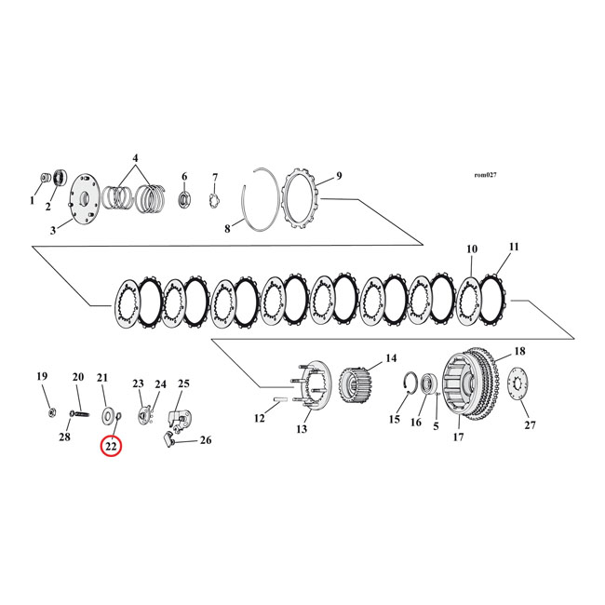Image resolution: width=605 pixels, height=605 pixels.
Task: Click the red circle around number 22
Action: pos(111,447)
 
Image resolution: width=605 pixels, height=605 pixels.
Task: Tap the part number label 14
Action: pos(390,358)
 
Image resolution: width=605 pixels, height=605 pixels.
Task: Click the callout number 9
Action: pos(339,175)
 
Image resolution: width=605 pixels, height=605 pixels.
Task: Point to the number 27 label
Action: pos(530,425)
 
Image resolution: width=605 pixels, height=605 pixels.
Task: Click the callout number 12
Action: pos(260,419)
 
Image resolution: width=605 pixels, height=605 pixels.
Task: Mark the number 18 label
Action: pos(519,351)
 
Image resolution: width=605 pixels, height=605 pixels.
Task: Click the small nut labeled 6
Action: pos(184,197)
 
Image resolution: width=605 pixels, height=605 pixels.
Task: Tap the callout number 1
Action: pos(33,200)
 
